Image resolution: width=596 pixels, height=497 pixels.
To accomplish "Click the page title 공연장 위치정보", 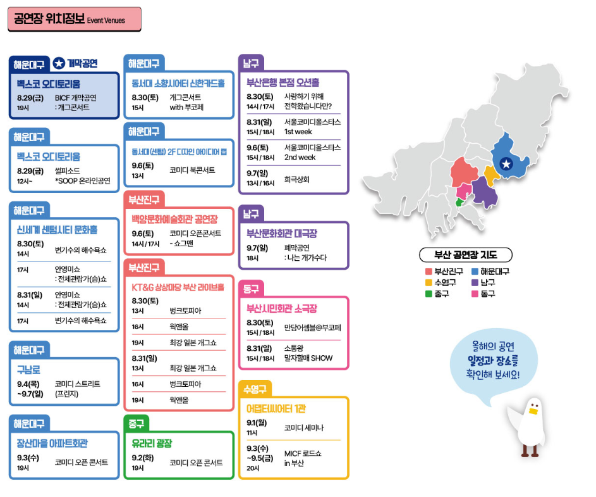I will [49, 19].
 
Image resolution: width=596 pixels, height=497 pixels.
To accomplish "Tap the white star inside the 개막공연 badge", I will [59, 63].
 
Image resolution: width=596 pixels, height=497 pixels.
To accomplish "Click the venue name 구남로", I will [29, 370].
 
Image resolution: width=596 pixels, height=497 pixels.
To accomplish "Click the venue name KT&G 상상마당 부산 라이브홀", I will [178, 287].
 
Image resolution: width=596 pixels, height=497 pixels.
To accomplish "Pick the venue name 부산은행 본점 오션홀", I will [283, 82].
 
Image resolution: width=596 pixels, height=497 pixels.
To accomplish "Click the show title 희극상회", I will [297, 179].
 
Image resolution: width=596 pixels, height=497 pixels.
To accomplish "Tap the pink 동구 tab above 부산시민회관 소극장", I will [251, 289].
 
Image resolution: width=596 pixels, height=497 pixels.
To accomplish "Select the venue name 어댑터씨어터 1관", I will [276, 408].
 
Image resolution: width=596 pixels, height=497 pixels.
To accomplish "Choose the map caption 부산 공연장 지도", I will [465, 256].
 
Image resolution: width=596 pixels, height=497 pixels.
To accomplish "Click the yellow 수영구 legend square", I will [429, 282].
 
